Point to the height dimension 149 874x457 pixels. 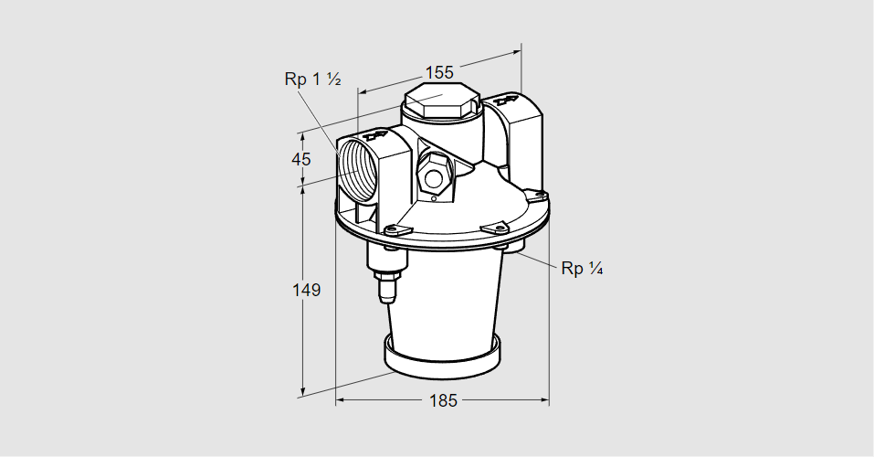306,290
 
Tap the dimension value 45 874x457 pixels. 301,159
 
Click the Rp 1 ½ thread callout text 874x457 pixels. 312,80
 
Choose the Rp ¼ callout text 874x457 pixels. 582,268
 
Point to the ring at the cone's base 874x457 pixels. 442,357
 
